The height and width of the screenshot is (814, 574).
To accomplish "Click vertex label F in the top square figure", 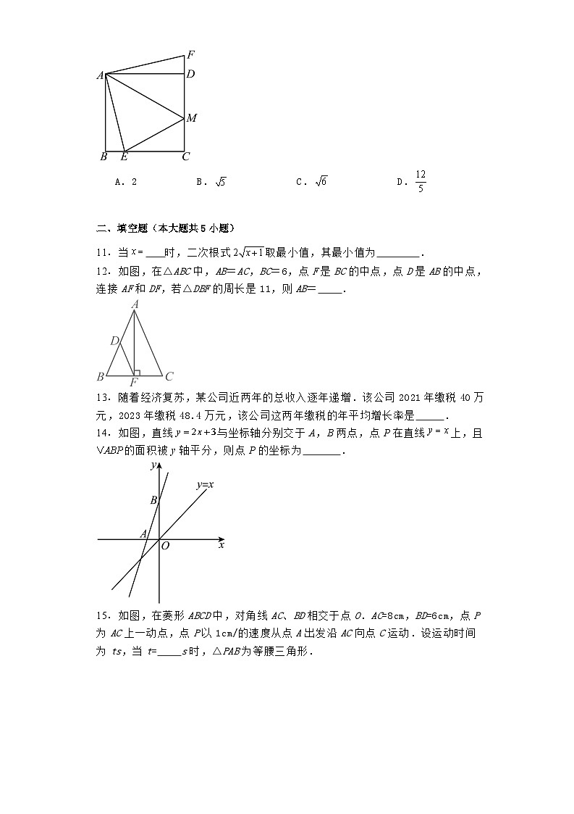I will (190, 54).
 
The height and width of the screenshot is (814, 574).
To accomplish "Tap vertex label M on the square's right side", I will (191, 117).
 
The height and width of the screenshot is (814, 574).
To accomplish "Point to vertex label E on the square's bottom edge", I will (124, 157).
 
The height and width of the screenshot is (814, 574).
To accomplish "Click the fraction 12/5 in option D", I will (421, 182).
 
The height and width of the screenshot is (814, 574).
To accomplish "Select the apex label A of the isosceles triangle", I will (135, 305).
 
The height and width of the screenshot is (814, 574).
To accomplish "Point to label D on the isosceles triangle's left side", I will (114, 341).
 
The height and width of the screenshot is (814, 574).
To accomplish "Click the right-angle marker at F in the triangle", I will (137, 373).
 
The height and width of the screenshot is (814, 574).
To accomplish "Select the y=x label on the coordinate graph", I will (204, 484).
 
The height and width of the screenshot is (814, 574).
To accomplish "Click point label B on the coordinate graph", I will (153, 500).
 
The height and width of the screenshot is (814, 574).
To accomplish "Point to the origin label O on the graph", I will (164, 546).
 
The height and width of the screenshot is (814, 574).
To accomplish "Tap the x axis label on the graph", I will (221, 544).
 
